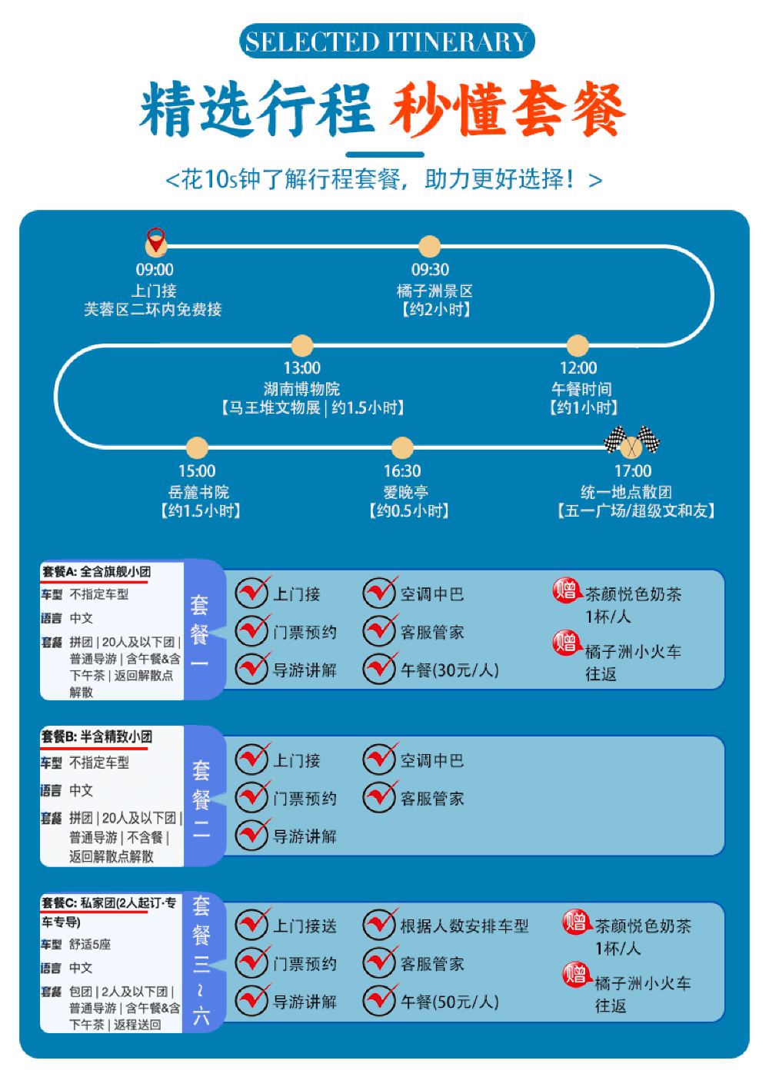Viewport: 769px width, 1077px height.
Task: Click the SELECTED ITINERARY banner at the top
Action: click(386, 42)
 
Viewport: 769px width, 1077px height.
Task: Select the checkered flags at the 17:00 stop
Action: click(631, 442)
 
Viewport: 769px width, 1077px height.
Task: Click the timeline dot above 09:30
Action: click(429, 247)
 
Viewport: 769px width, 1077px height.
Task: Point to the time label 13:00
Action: click(302, 368)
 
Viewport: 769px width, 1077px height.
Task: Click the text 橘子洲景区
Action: click(434, 291)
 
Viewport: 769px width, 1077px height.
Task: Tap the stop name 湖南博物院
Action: click(301, 389)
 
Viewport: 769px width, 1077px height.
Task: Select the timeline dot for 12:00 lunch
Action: click(578, 346)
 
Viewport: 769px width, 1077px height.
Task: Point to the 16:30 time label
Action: click(402, 471)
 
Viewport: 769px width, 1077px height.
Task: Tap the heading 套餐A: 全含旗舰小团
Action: click(96, 572)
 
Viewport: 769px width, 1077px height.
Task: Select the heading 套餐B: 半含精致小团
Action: click(97, 737)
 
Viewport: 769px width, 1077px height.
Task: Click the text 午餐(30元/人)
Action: click(450, 670)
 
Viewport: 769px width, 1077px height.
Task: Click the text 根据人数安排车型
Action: click(464, 926)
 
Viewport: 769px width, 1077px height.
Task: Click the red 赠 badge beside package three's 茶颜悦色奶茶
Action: click(575, 922)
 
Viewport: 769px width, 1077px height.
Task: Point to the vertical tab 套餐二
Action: click(201, 799)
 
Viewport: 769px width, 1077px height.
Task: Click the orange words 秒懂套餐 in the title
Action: click(507, 110)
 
